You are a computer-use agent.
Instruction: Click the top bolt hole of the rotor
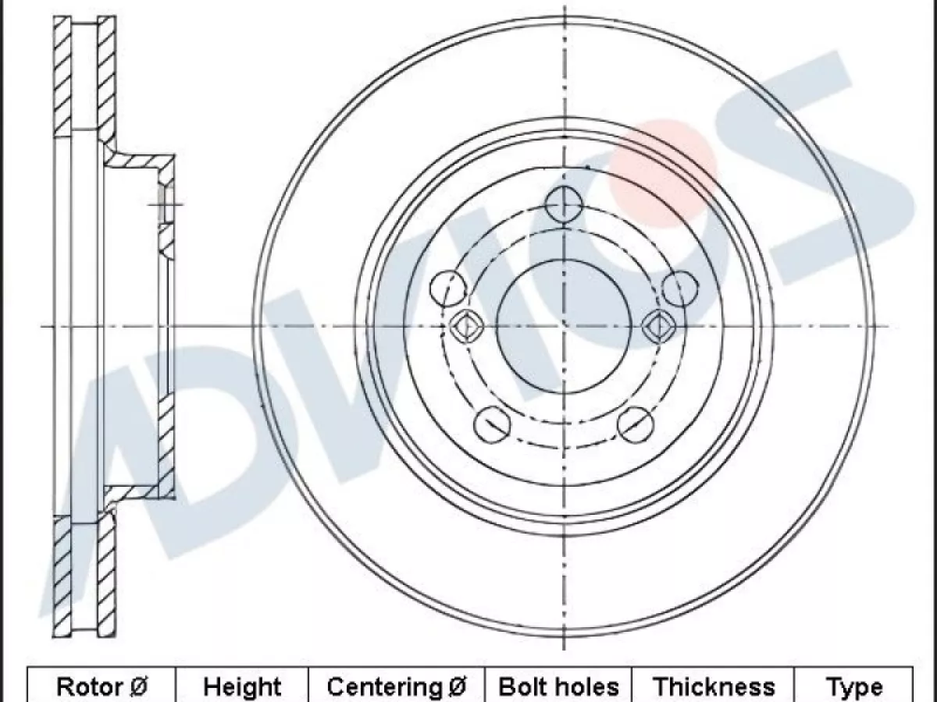[x=564, y=204]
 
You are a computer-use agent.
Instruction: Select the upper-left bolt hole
[x=447, y=288]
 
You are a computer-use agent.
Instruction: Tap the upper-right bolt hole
[x=680, y=289]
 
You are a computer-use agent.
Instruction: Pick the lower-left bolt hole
[x=492, y=424]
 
